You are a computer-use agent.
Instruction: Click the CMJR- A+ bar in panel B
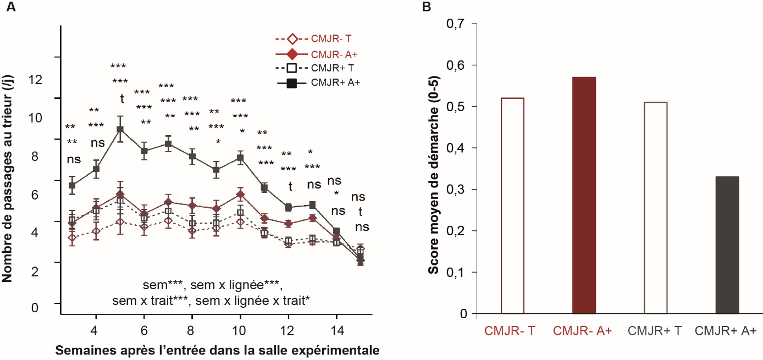click(588, 195)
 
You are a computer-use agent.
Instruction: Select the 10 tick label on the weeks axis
click(240, 334)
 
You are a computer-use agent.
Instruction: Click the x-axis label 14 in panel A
click(335, 334)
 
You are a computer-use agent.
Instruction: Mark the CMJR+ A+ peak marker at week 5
click(120, 129)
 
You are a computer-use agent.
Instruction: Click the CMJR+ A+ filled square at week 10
click(240, 158)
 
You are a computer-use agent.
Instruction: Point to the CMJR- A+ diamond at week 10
click(240, 195)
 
